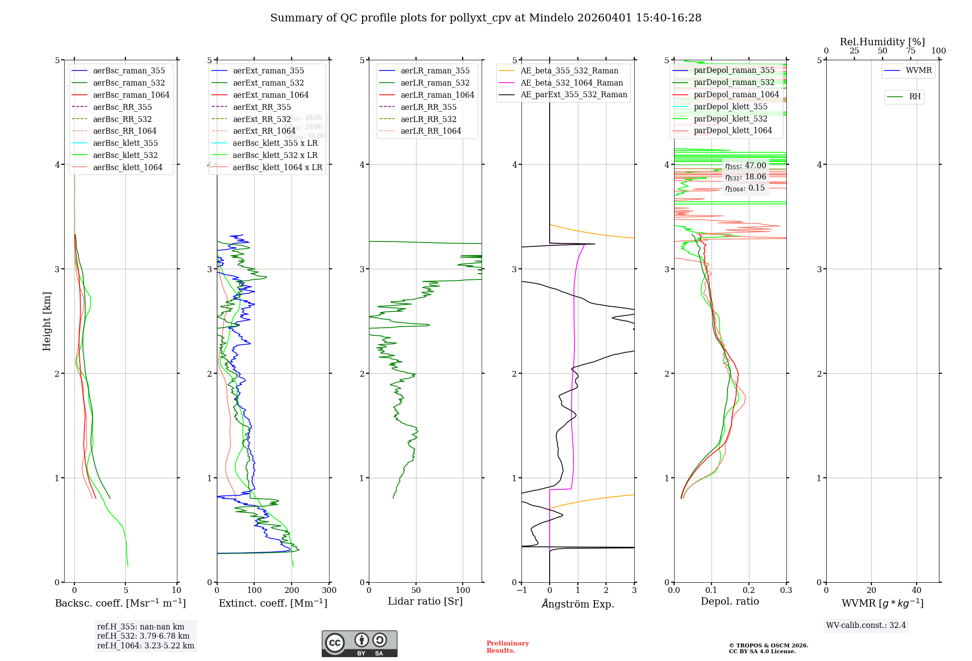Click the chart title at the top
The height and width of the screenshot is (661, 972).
[486, 18]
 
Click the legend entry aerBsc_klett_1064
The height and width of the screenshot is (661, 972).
[127, 167]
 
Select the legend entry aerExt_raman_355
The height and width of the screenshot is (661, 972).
[268, 70]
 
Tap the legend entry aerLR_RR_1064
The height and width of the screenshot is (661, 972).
[431, 131]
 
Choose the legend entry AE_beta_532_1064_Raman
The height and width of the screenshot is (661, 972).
[572, 83]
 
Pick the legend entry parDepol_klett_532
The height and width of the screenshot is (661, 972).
[730, 119]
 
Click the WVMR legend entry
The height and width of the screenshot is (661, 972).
[918, 70]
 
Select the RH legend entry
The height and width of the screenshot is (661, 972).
[915, 97]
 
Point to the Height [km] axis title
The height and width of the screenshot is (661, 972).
[47, 321]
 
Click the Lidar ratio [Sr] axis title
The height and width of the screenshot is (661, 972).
[425, 601]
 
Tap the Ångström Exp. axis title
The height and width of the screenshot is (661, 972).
[578, 604]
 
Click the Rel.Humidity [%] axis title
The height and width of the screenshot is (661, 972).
[882, 42]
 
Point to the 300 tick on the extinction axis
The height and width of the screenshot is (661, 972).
[329, 591]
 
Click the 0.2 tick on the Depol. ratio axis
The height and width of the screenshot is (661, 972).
[749, 591]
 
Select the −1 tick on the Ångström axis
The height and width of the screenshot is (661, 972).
[521, 591]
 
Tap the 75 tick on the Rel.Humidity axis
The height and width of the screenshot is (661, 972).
[911, 51]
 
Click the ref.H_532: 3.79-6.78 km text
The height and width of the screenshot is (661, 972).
[143, 636]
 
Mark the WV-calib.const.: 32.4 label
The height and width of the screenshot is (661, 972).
[866, 625]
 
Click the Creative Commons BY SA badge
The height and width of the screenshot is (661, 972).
[359, 644]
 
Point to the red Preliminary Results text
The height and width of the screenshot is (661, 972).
[507, 647]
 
